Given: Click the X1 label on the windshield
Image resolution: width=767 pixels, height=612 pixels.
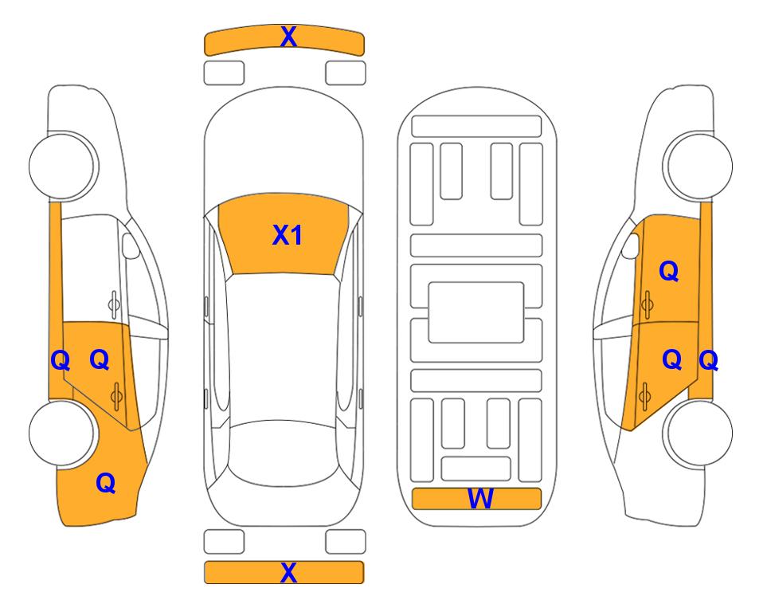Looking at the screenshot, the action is point(288,235).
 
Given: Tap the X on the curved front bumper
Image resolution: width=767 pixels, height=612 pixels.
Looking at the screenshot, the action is point(288,36).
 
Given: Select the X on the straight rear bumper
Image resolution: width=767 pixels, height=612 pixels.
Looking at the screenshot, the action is point(288,572).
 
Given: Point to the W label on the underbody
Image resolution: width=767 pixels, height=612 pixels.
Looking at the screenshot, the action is point(480,499).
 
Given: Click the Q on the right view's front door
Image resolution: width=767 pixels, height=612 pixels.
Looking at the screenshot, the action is point(669,271).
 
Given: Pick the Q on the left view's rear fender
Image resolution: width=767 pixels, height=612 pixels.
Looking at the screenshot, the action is point(106,483).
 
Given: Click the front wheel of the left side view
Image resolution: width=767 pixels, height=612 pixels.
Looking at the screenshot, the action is point(62,166).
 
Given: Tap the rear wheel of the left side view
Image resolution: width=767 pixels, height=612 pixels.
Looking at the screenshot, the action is point(62,433).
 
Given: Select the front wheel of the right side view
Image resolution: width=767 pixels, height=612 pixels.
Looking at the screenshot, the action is point(699,166).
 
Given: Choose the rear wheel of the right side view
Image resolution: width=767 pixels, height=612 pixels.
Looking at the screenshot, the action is point(699,433).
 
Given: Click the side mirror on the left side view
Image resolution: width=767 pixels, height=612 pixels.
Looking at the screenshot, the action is point(131,245).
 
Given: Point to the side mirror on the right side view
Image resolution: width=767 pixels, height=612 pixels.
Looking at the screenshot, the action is point(630,245).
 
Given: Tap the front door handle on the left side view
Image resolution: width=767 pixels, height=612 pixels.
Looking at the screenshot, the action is point(114,304).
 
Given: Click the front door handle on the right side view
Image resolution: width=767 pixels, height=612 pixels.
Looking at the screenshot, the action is point(647,304).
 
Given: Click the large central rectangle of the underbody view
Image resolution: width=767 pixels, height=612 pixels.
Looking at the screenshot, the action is point(476,312).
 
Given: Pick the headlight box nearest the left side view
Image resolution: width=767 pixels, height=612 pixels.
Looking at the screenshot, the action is point(224,73).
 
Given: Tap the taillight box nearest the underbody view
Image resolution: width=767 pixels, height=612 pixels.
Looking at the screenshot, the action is point(346,542).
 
